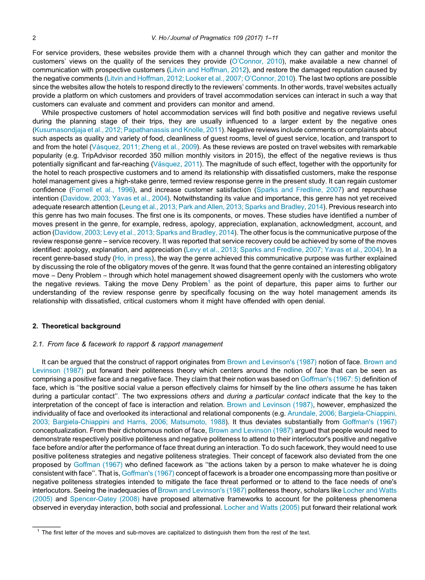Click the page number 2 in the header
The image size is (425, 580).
point(34,38)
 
